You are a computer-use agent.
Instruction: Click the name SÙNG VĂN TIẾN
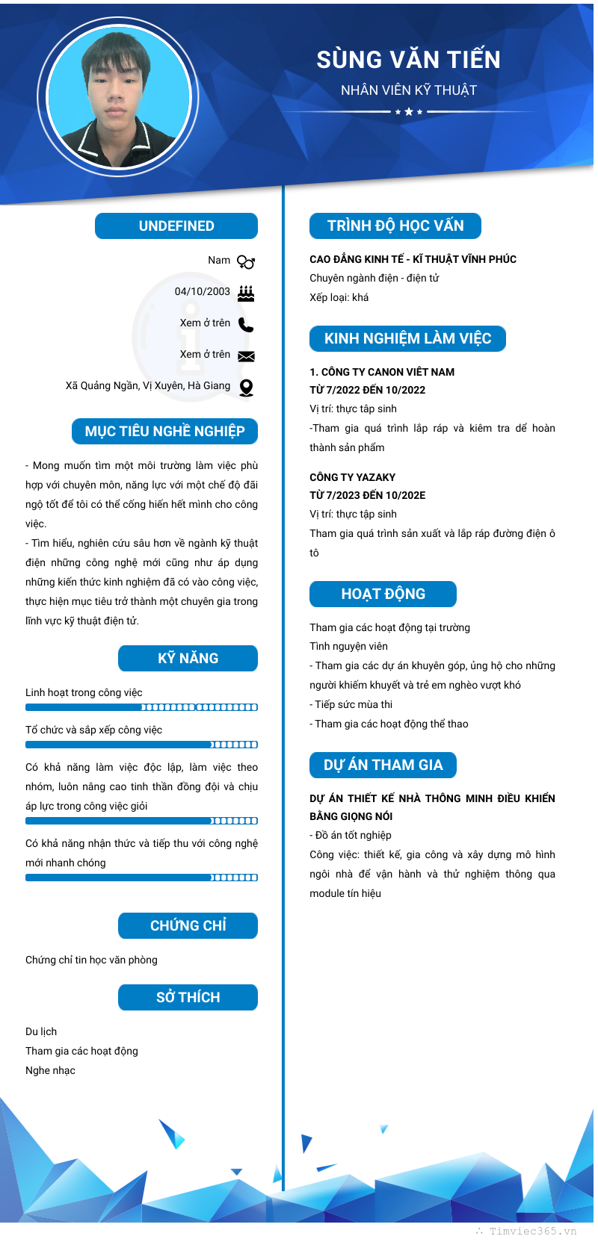tap(408, 60)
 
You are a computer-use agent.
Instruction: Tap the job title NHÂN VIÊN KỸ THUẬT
tap(408, 90)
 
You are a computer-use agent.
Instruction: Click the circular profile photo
tap(119, 97)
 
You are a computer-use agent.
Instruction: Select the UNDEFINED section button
tap(176, 226)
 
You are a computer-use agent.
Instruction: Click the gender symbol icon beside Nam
tap(246, 261)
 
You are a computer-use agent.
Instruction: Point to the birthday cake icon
tap(246, 293)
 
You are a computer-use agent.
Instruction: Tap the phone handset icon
tap(246, 324)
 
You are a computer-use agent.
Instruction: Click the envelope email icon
tap(246, 356)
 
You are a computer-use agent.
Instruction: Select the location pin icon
tap(246, 388)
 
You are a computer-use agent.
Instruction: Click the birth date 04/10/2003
tap(203, 292)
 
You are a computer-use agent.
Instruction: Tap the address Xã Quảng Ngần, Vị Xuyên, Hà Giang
tap(148, 386)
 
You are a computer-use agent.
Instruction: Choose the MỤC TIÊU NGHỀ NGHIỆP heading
tap(164, 432)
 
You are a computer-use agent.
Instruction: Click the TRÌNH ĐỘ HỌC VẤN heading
tap(395, 226)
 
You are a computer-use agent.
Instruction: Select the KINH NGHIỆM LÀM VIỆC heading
tap(407, 339)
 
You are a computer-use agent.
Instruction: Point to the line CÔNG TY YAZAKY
tap(352, 477)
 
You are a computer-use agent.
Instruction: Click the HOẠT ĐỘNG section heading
tap(383, 594)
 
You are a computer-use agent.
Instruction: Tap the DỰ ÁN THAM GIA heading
tap(383, 766)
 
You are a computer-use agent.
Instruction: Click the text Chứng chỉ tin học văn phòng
tap(91, 960)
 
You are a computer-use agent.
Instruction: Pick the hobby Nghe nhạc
tap(50, 1070)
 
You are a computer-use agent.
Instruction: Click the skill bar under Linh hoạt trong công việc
tap(141, 707)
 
